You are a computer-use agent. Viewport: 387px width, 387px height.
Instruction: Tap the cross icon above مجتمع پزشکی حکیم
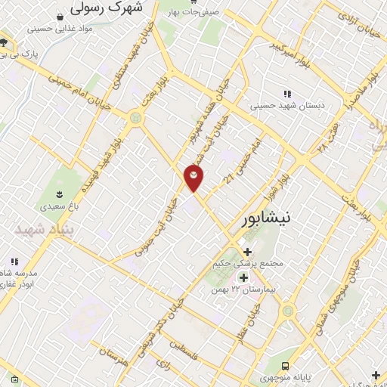pos(247,252)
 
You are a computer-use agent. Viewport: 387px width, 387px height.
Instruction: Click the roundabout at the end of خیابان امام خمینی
pos(136,117)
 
